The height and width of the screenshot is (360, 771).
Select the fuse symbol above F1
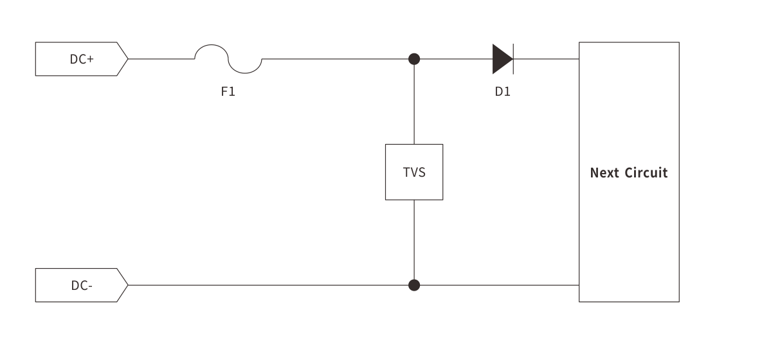click(228, 59)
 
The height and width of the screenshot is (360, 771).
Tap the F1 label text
click(228, 92)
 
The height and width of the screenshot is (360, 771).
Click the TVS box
click(414, 172)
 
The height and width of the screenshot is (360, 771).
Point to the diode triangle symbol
click(501, 59)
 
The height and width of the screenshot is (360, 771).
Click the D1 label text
click(503, 92)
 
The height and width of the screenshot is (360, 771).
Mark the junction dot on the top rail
click(414, 59)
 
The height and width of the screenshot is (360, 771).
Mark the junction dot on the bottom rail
click(414, 285)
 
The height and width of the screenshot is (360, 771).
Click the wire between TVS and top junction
click(414, 103)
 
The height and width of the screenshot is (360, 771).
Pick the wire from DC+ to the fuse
click(161, 59)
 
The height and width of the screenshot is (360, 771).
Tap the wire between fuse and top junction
click(334, 59)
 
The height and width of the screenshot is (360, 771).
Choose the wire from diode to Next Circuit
click(547, 59)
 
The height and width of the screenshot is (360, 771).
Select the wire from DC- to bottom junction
click(270, 285)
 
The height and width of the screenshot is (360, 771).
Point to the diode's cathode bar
click(513, 59)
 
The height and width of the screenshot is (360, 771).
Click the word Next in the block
click(604, 173)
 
